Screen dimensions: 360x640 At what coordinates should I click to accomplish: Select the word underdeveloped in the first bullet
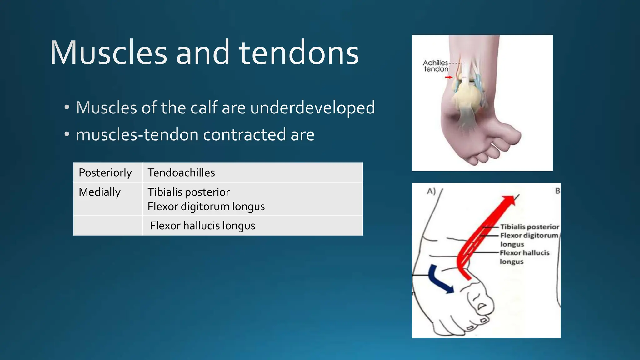(312, 108)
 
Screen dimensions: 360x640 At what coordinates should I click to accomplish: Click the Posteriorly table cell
(105, 172)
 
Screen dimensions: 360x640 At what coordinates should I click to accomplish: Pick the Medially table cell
(100, 192)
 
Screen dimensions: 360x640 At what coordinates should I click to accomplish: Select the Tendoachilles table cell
(181, 172)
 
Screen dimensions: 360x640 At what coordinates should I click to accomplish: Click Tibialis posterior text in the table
(188, 192)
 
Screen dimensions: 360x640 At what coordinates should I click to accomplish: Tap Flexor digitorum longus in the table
(206, 207)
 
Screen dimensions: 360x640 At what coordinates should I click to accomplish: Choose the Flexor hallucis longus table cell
(202, 226)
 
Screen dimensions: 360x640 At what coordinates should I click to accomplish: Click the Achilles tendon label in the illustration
(436, 66)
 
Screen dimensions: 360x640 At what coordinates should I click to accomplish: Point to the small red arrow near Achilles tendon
(449, 77)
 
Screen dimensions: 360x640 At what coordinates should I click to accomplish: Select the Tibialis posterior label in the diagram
(529, 227)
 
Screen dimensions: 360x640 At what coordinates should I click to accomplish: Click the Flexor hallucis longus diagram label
(524, 257)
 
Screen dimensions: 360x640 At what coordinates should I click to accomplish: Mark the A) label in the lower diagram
(431, 191)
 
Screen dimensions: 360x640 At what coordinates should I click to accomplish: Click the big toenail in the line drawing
(482, 306)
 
